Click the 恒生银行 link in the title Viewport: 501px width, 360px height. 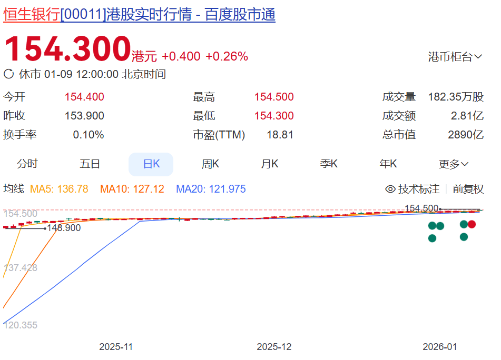click(x=32, y=15)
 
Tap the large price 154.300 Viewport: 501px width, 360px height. click(x=67, y=49)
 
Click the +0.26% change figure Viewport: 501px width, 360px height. click(x=227, y=56)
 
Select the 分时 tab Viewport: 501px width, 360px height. click(x=27, y=164)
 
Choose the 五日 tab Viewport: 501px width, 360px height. click(x=90, y=164)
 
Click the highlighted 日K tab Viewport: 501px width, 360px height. click(x=151, y=164)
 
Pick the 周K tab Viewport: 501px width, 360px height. click(x=210, y=164)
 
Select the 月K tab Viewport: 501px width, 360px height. click(x=270, y=164)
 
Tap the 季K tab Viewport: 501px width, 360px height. click(x=329, y=164)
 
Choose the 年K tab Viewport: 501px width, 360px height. click(x=388, y=164)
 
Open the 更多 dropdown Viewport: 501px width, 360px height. click(x=453, y=164)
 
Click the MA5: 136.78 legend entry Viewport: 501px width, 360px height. click(x=59, y=189)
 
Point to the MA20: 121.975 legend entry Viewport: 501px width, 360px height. click(x=211, y=189)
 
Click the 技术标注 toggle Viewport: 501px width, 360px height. click(x=412, y=189)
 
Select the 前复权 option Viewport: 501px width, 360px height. click(x=468, y=189)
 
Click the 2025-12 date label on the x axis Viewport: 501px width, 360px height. click(x=274, y=347)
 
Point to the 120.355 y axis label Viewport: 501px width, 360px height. click(x=21, y=325)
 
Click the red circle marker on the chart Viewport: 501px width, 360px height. click(x=472, y=224)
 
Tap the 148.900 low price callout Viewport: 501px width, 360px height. click(x=64, y=228)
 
